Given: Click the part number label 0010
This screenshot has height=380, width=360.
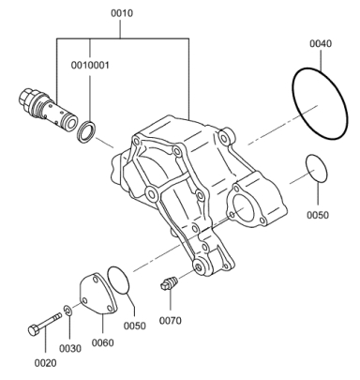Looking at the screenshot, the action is click(122, 13).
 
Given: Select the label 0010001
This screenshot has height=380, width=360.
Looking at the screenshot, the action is click(90, 66).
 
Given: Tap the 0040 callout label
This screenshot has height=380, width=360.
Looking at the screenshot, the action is click(321, 43).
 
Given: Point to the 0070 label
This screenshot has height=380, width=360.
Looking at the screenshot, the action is click(171, 321).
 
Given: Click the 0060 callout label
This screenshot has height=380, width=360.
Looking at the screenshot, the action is click(102, 342).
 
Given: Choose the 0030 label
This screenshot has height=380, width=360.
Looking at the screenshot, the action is click(70, 348).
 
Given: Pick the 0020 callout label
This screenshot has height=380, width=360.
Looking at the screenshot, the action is click(46, 363).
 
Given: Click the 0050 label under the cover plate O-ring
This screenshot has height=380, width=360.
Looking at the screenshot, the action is click(135, 326).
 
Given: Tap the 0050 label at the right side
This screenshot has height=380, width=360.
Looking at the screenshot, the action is click(318, 215).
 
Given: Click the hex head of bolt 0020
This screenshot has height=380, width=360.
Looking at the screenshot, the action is click(34, 330).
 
